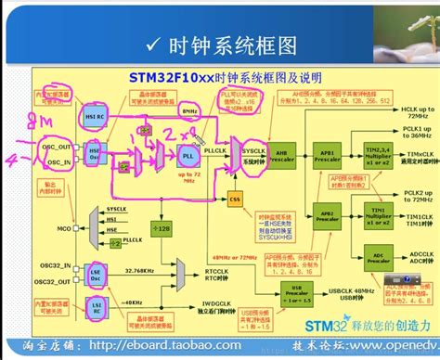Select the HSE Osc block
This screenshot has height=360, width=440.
point(95,152)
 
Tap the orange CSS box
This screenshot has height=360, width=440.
point(235,199)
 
